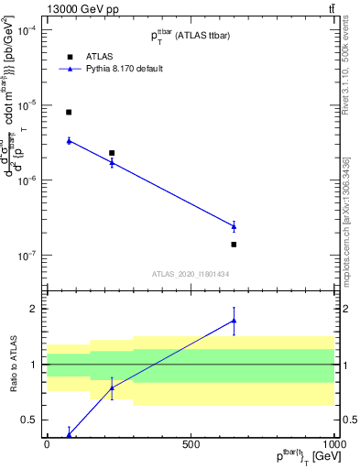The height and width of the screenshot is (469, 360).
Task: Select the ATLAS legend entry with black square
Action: (x=69, y=54)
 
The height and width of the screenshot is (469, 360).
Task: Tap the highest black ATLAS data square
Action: (x=69, y=112)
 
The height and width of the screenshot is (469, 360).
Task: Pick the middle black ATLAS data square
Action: (x=112, y=153)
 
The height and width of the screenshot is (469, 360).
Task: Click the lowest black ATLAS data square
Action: (x=234, y=245)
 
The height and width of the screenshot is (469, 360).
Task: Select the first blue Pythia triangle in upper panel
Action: (x=69, y=140)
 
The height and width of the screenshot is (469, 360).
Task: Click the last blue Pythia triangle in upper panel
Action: (x=234, y=226)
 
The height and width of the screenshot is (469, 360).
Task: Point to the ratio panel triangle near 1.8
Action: (x=234, y=321)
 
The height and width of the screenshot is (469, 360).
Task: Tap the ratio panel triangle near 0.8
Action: (x=112, y=387)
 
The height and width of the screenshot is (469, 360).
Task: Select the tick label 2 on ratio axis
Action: (x=34, y=309)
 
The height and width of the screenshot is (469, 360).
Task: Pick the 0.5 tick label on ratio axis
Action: (x=29, y=420)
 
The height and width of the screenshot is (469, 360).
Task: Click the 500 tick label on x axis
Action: (x=191, y=444)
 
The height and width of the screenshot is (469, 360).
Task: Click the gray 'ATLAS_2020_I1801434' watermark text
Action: (x=190, y=273)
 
